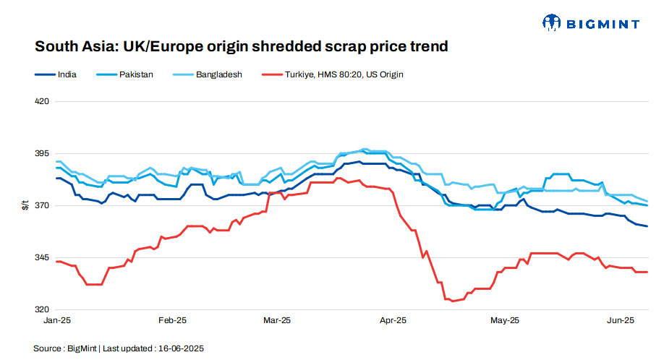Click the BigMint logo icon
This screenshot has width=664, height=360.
(x=552, y=23)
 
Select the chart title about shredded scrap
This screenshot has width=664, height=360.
(x=242, y=47)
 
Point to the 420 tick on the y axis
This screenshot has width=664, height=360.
(x=42, y=101)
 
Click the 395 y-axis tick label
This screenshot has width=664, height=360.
(x=42, y=154)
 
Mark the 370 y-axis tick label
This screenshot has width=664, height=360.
(x=42, y=206)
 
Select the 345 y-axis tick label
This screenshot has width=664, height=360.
(x=42, y=258)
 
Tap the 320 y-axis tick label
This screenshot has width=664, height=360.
(x=42, y=309)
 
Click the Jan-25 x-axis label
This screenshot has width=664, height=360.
(x=57, y=320)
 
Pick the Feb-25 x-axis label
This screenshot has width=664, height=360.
(x=171, y=320)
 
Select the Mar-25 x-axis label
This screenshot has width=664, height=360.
(x=276, y=320)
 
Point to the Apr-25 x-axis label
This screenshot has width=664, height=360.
(x=392, y=320)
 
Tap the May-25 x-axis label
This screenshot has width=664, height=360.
(x=505, y=320)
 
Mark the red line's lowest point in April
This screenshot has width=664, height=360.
(x=453, y=301)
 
